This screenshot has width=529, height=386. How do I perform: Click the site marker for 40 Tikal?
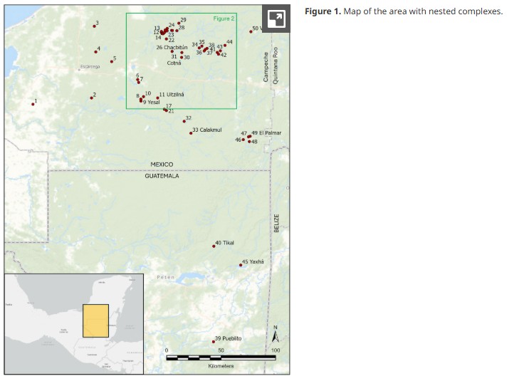pos(214,246)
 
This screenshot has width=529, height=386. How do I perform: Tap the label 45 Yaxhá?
pos(253,262)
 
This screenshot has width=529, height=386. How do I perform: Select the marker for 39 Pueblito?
pos(214,341)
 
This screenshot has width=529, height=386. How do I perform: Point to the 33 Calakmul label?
pos(208,130)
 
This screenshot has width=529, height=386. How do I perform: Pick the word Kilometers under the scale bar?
pos(221,366)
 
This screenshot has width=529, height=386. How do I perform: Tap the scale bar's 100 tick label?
pos(276,350)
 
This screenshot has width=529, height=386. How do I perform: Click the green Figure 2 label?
pos(223,19)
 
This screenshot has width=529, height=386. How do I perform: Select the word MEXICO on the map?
pos(162,165)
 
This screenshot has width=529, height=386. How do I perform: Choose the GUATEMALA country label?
pos(162,175)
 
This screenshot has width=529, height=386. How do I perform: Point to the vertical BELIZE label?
pos(277,222)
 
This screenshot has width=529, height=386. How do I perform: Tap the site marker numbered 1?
pos(33,104)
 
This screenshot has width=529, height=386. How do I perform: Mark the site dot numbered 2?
pos(91,98)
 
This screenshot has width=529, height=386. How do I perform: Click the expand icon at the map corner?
pos(276,19)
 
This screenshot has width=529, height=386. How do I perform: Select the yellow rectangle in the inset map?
pos(95,320)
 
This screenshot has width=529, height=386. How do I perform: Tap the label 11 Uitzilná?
pos(172,95)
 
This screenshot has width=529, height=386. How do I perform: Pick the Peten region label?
pos(165,277)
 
